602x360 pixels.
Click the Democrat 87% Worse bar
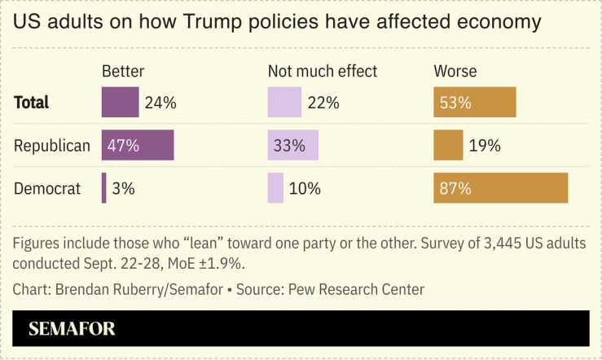(x=500, y=188)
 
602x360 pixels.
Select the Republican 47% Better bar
(x=137, y=145)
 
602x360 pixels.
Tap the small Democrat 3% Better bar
(x=103, y=188)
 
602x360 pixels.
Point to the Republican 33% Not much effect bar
(x=292, y=145)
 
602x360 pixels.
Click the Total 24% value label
(x=160, y=103)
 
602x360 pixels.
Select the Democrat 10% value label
(x=305, y=188)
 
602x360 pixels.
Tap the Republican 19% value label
(x=484, y=146)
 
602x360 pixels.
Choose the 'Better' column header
(x=123, y=71)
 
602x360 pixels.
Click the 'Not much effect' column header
(x=323, y=71)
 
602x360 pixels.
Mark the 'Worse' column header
(x=455, y=71)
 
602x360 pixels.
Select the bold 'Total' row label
(x=32, y=103)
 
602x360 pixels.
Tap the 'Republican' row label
(x=52, y=146)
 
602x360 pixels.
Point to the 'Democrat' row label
(x=47, y=189)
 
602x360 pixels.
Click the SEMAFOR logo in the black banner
(x=72, y=329)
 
